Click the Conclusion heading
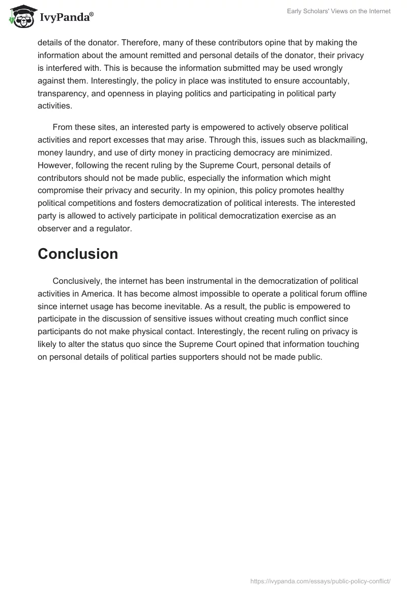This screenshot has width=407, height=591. (78, 254)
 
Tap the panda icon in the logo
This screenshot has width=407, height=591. (20, 17)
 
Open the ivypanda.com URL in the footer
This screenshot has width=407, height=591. (321, 580)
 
